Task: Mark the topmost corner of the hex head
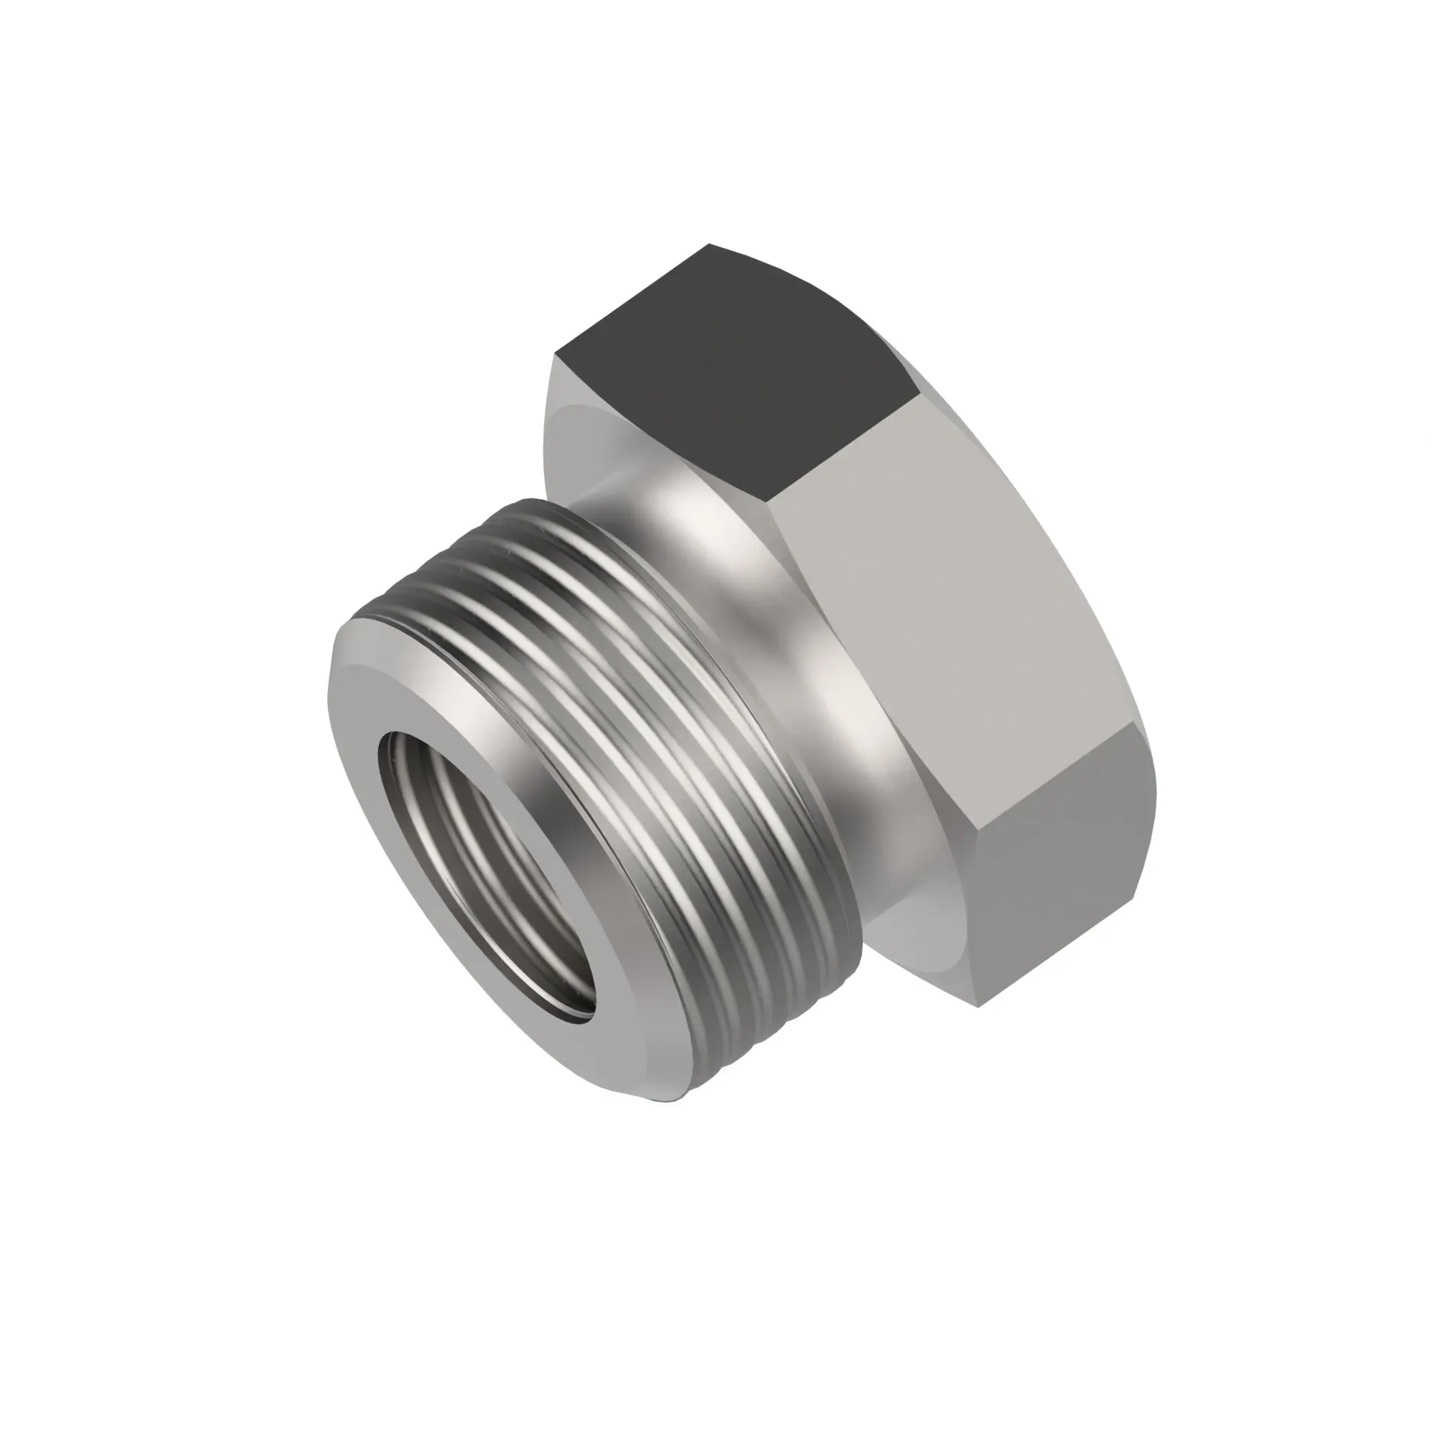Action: pos(710,244)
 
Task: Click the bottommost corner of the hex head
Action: pos(978,1006)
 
